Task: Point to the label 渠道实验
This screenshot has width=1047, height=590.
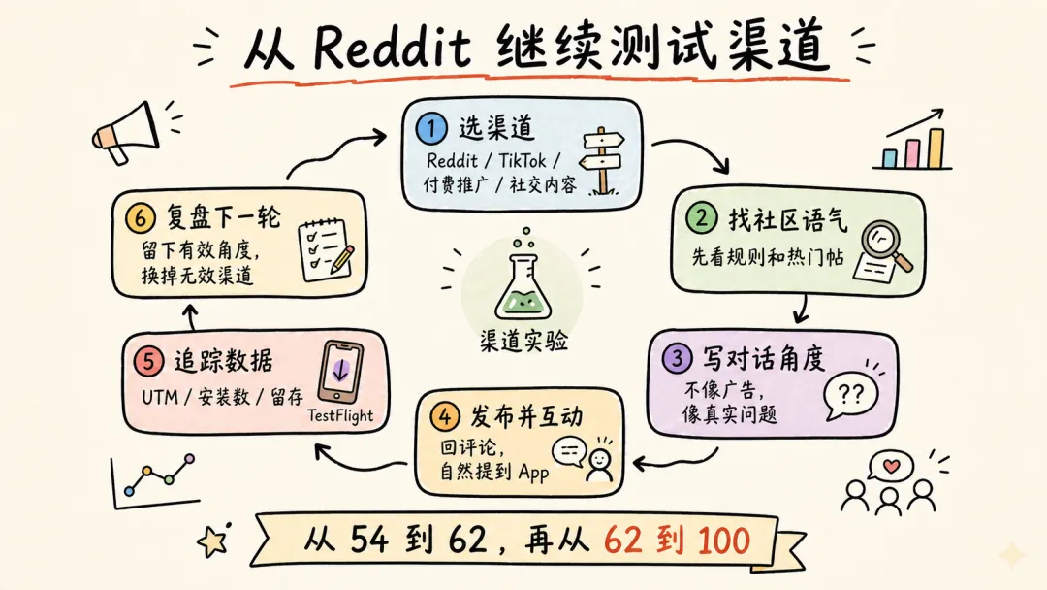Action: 523,342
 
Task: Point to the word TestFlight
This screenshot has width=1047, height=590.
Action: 340,416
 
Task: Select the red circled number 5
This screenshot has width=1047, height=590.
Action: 149,362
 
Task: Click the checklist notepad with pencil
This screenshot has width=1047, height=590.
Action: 323,246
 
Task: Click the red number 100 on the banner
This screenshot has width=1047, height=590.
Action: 717,540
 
